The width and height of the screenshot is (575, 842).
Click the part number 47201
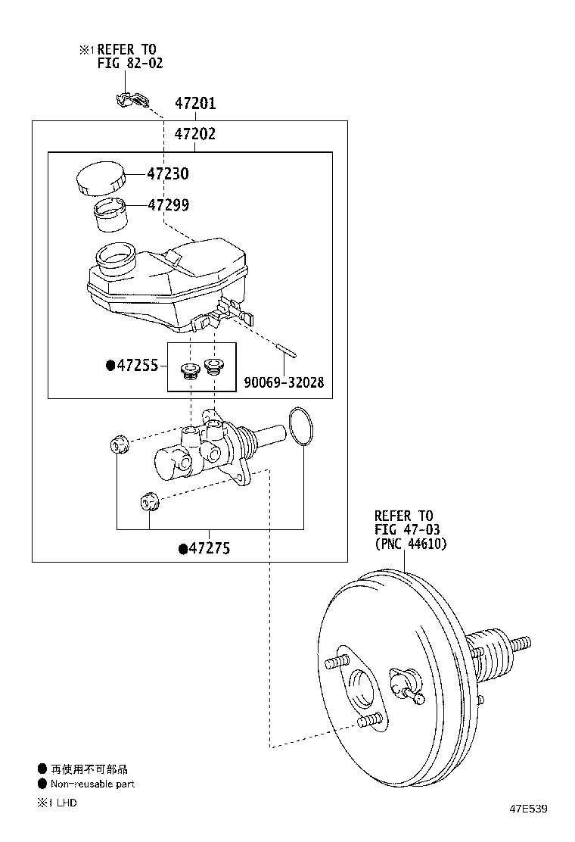pyautogui.click(x=195, y=103)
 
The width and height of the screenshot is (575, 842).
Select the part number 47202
pyautogui.click(x=195, y=134)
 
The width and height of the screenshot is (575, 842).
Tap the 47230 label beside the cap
pyautogui.click(x=168, y=173)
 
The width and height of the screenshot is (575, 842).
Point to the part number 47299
pyautogui.click(x=169, y=204)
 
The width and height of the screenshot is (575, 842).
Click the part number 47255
pyautogui.click(x=138, y=366)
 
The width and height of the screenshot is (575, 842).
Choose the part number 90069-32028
pyautogui.click(x=284, y=382)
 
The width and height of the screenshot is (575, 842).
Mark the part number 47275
pyautogui.click(x=210, y=548)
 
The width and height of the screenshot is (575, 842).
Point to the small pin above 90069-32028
pyautogui.click(x=287, y=350)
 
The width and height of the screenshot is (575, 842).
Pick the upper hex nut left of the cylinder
pyautogui.click(x=119, y=446)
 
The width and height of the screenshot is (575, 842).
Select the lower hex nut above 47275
pyautogui.click(x=149, y=501)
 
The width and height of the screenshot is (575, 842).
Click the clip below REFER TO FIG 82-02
pyautogui.click(x=132, y=100)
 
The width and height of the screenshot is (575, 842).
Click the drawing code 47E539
pyautogui.click(x=528, y=809)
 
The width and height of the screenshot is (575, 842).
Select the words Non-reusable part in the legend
pyautogui.click(x=92, y=784)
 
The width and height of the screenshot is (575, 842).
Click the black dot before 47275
pyautogui.click(x=183, y=549)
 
